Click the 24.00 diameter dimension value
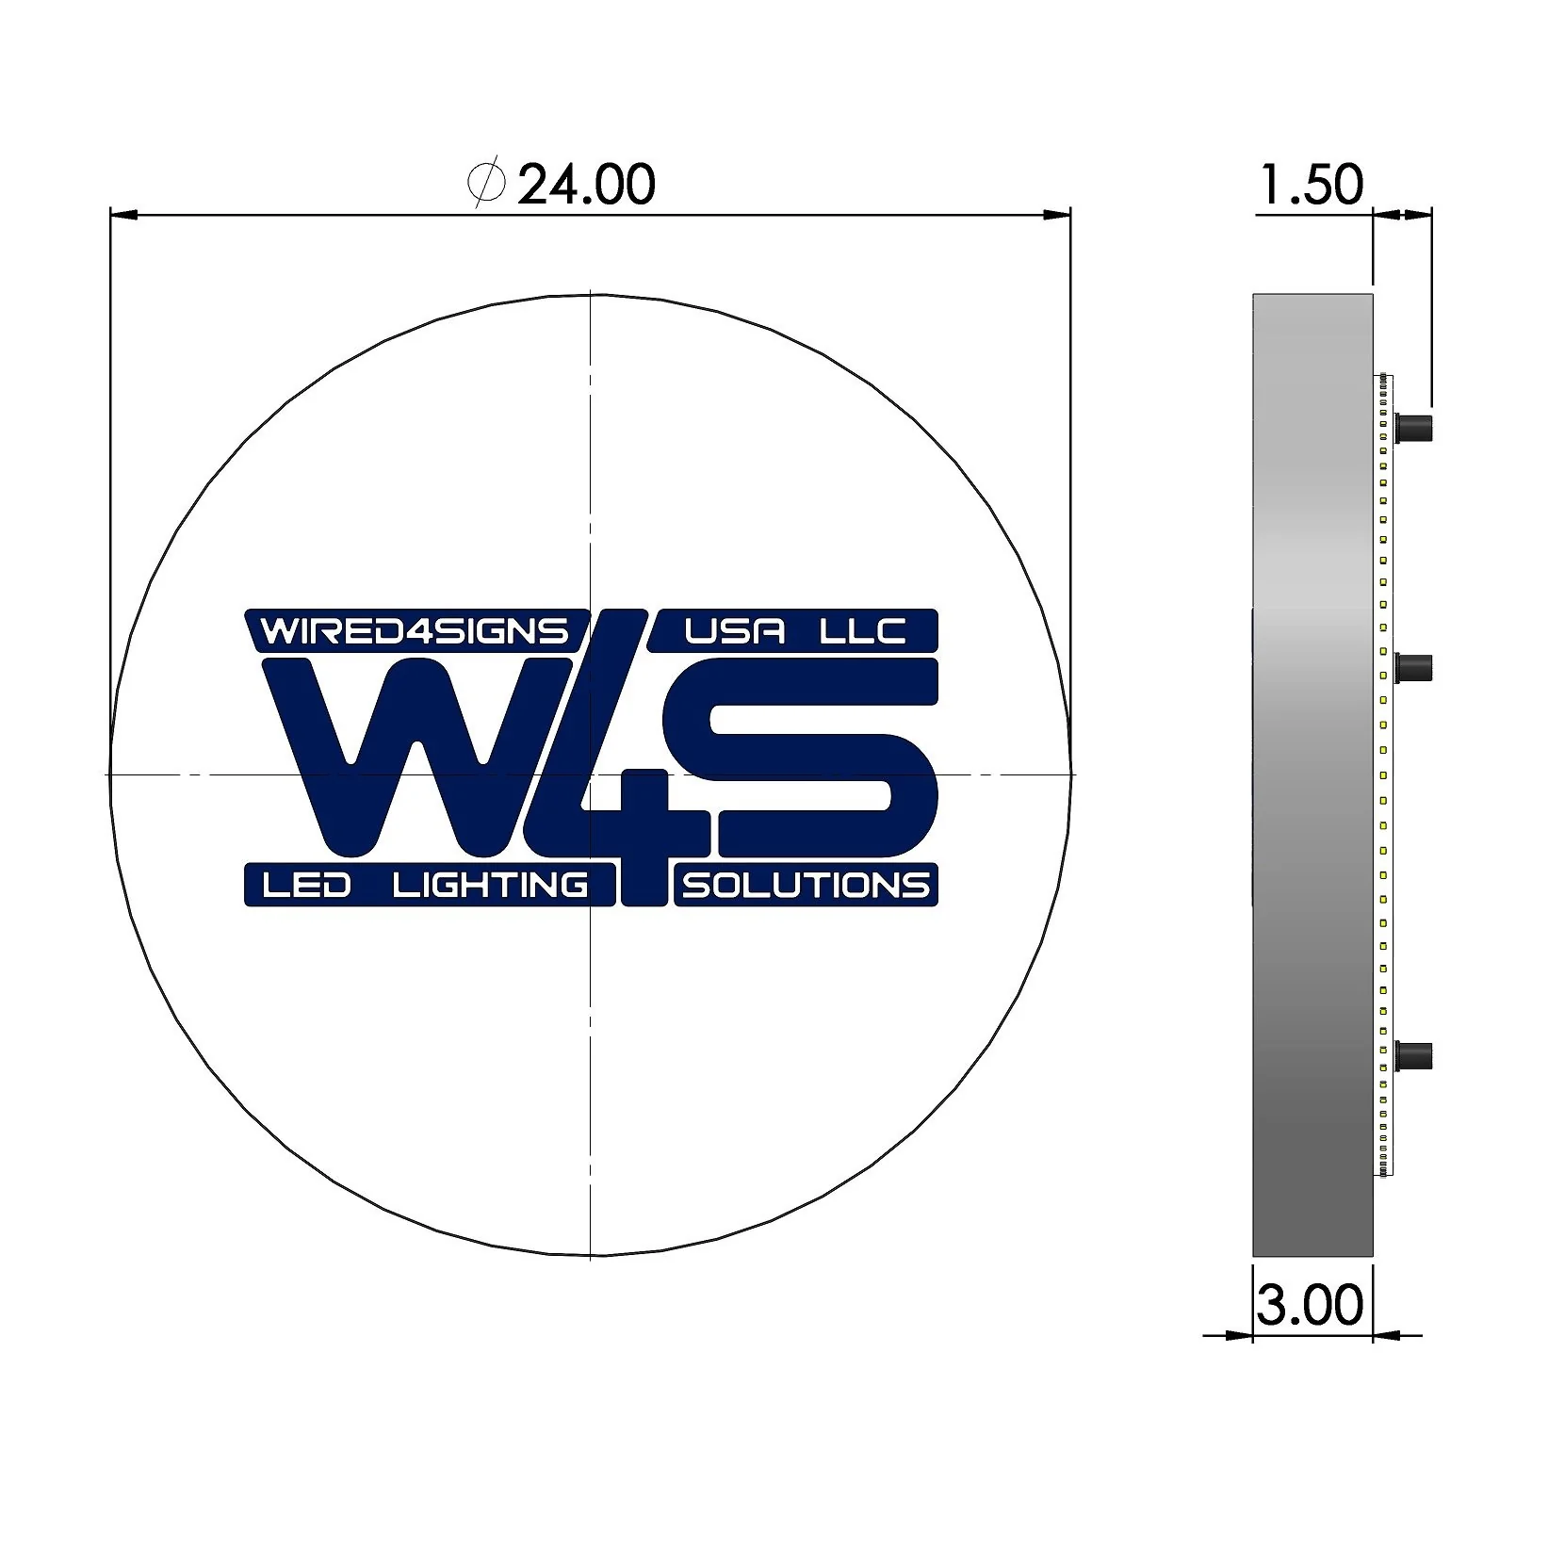coord(586,185)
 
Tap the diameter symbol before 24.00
coord(486,184)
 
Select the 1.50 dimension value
coord(1311,185)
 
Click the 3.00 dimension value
coord(1310,1305)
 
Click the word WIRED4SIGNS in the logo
coord(415,630)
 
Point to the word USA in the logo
coord(735,630)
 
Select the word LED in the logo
coord(306,885)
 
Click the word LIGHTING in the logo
coord(490,885)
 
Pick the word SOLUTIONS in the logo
coord(806,886)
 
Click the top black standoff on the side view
coord(1413,428)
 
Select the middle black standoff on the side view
coord(1413,668)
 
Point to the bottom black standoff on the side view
coord(1413,1055)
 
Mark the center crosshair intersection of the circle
coord(590,774)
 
